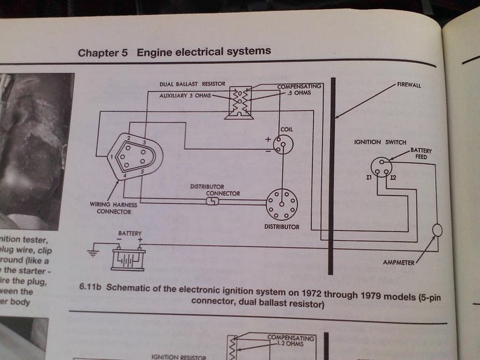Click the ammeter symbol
(x=438, y=230)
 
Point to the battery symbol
(x=129, y=258)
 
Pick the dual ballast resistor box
(x=239, y=102)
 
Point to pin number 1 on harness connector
(x=112, y=156)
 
